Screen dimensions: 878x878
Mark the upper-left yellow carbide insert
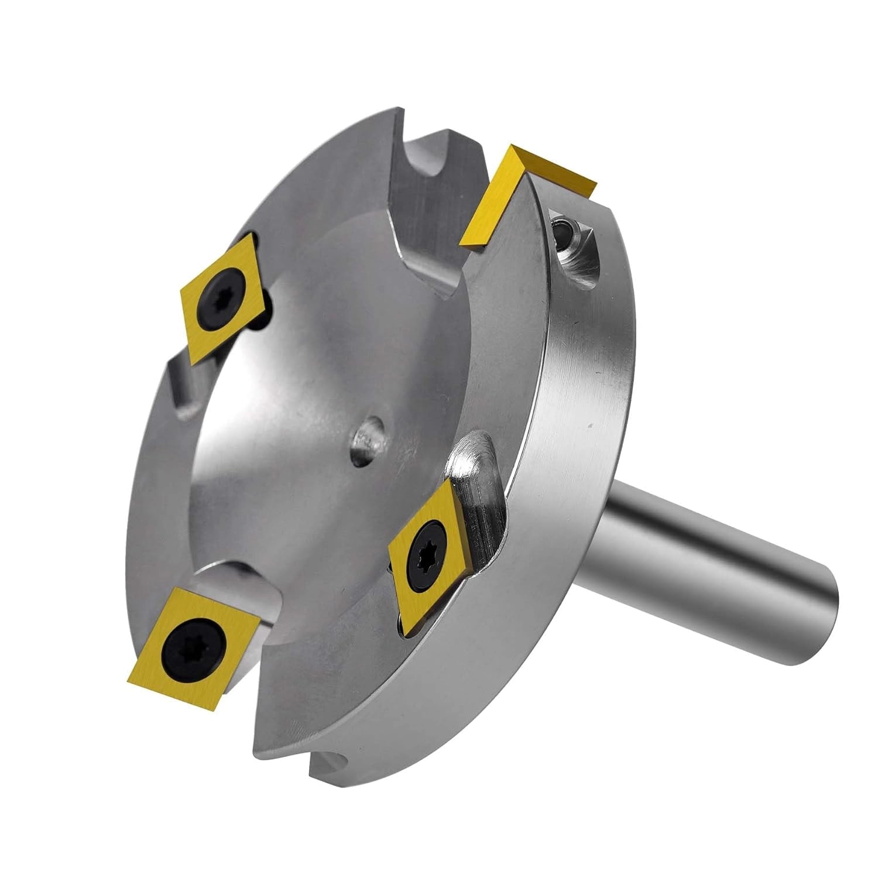[225, 296]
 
